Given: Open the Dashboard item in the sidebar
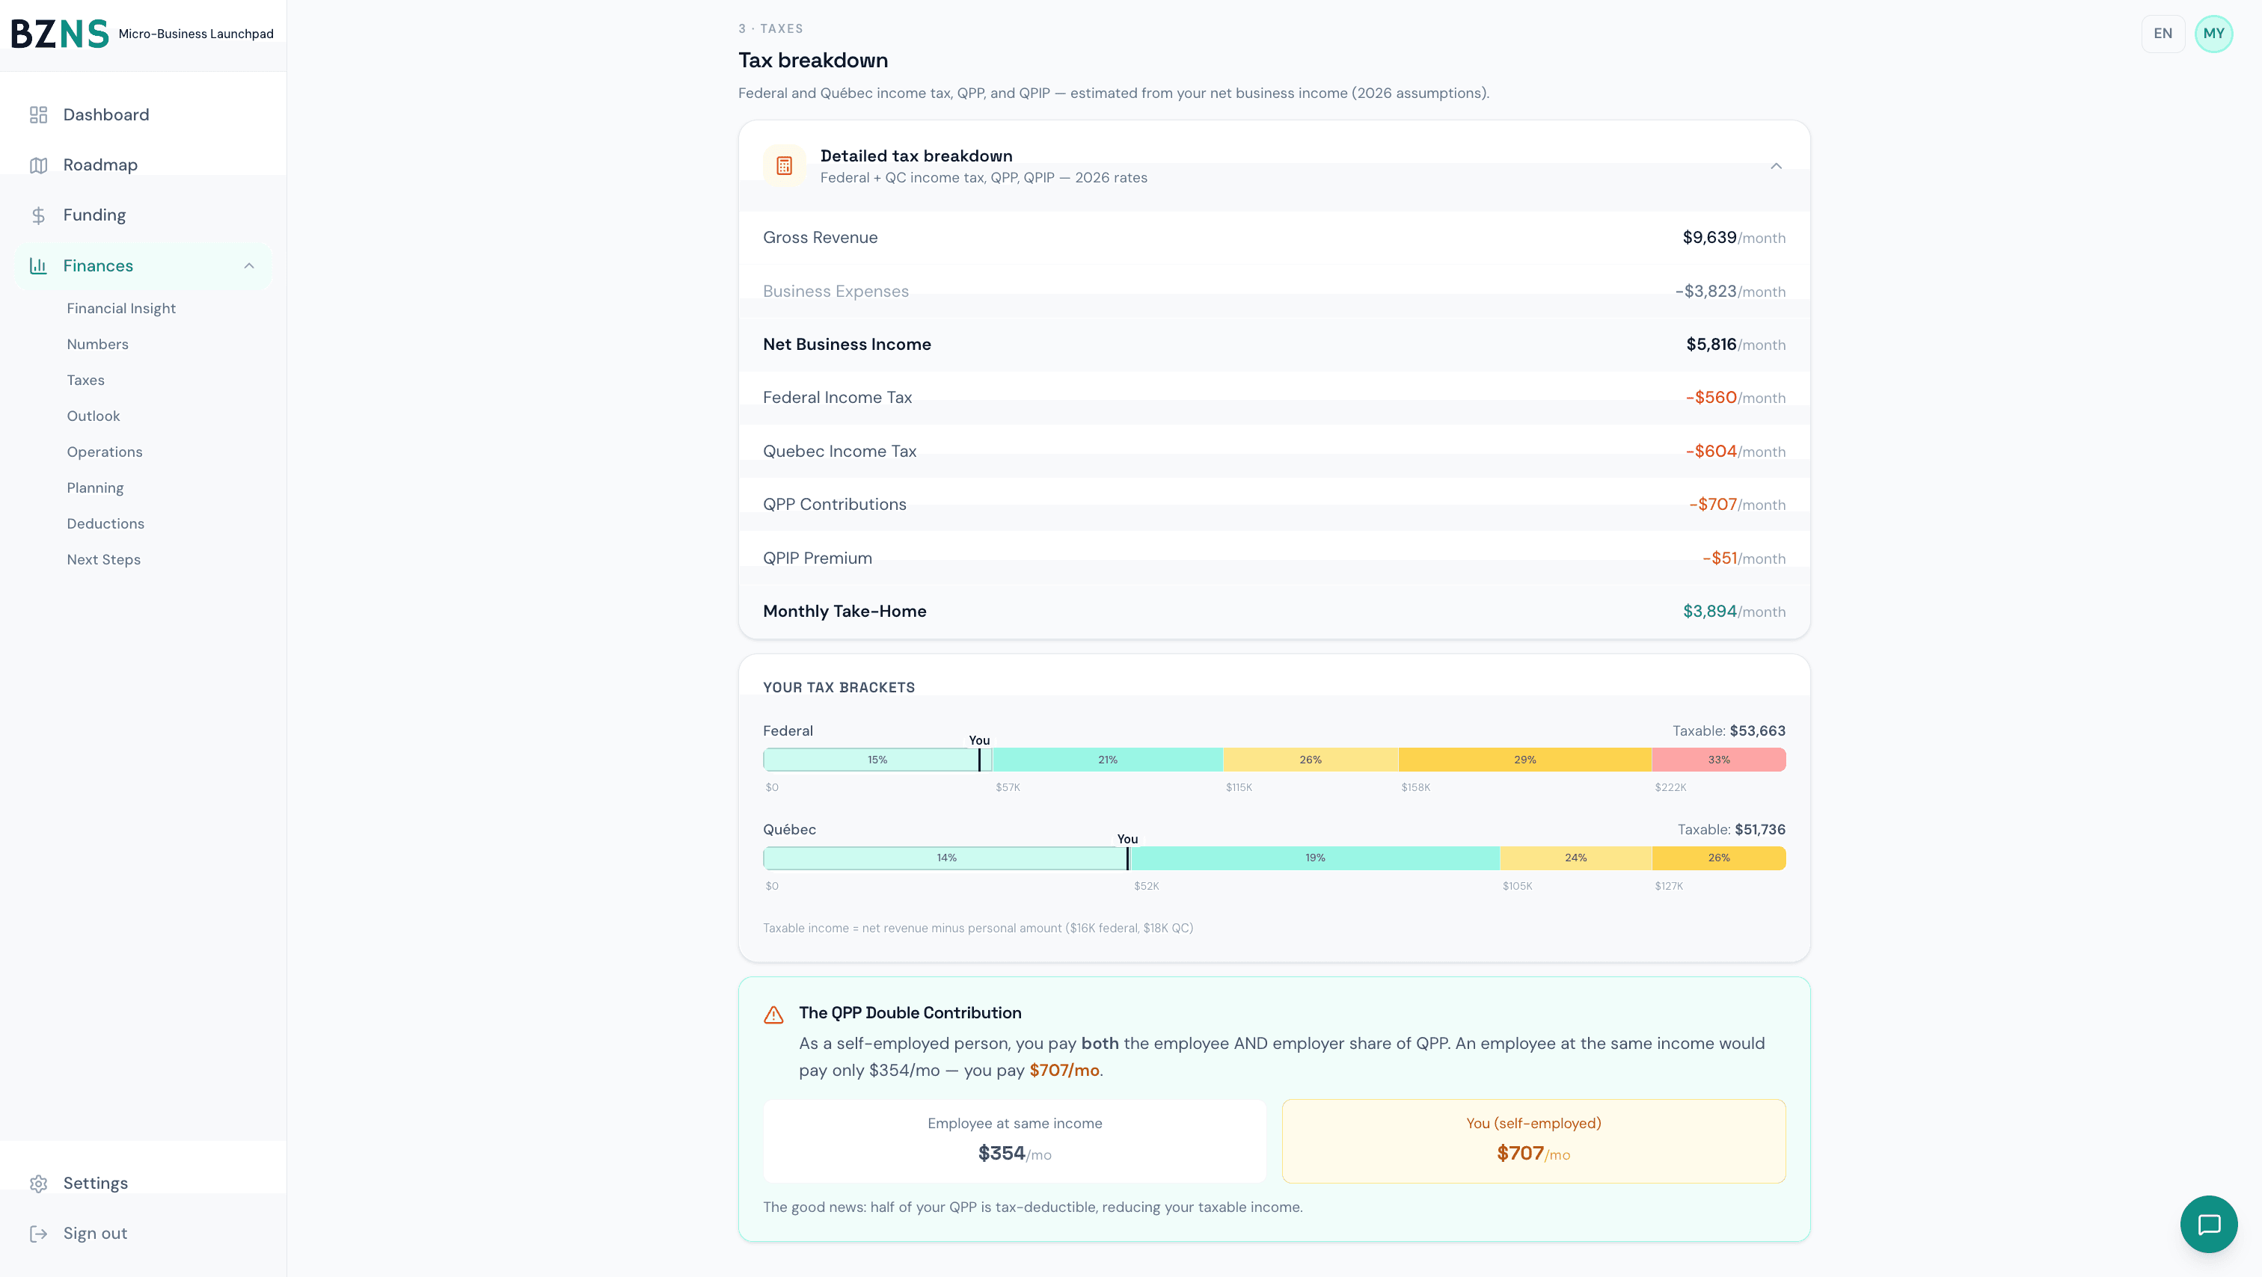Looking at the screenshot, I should click(105, 115).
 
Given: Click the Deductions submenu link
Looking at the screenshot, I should click(105, 524).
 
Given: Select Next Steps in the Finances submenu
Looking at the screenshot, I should click(104, 560).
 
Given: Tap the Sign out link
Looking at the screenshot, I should click(95, 1233).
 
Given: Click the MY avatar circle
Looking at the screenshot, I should click(2213, 34).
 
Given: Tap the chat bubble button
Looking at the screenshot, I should click(2208, 1225).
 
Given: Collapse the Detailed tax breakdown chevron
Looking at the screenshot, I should click(1776, 166).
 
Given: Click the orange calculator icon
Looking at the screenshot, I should click(784, 166).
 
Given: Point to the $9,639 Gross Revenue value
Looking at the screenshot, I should click(1708, 238).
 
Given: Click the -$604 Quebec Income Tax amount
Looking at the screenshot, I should click(1711, 451).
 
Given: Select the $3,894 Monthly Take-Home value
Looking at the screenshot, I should click(1708, 612).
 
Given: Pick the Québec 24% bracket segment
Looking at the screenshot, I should click(1575, 858).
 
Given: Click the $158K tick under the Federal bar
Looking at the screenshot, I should click(1415, 788).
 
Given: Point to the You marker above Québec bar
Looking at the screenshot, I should click(1127, 840).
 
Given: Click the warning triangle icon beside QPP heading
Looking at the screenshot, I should click(773, 1015).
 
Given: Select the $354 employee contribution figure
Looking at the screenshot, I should click(1001, 1153).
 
